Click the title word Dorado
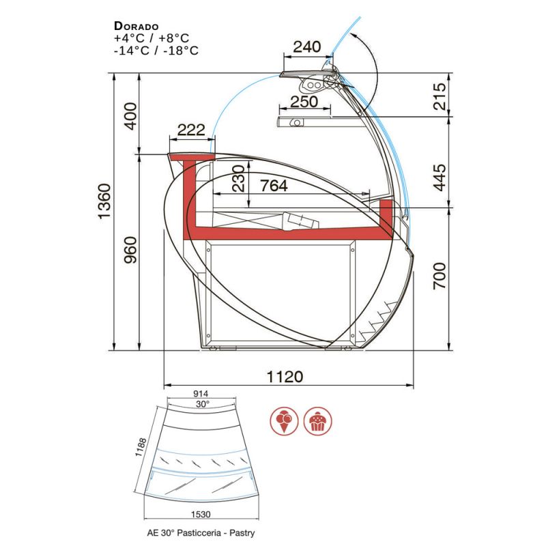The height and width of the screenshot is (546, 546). (136, 26)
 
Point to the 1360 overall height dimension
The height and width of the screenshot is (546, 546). (104, 201)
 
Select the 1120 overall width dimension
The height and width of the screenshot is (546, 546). (285, 377)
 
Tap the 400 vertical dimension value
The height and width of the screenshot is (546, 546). (131, 116)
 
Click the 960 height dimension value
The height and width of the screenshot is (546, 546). (131, 250)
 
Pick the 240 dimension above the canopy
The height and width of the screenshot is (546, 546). (306, 46)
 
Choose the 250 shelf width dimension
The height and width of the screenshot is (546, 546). (304, 102)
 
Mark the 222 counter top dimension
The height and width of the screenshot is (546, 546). (191, 130)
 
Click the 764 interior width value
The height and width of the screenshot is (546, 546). (274, 186)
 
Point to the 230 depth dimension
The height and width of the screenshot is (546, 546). (239, 178)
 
